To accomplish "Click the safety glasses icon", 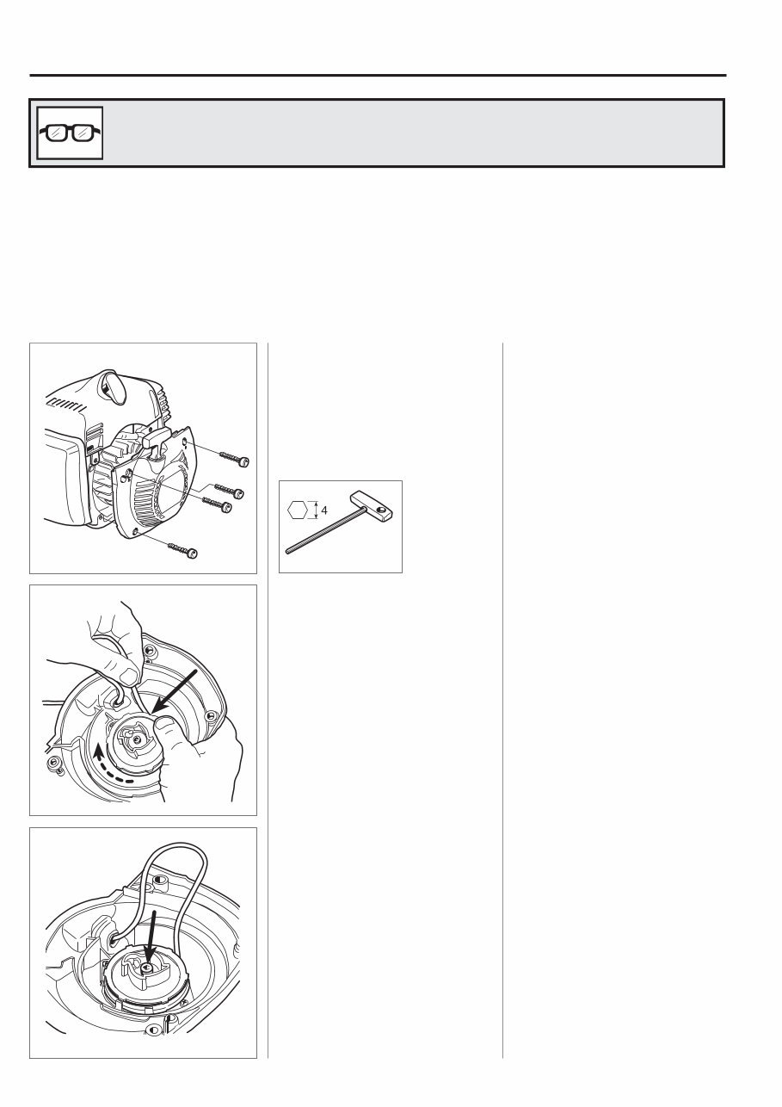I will (x=69, y=133).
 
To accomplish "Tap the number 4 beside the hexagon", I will (x=323, y=510).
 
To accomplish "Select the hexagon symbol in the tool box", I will (x=299, y=510).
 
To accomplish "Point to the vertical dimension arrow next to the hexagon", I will (x=314, y=510).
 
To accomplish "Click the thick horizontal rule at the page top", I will (x=379, y=75).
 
